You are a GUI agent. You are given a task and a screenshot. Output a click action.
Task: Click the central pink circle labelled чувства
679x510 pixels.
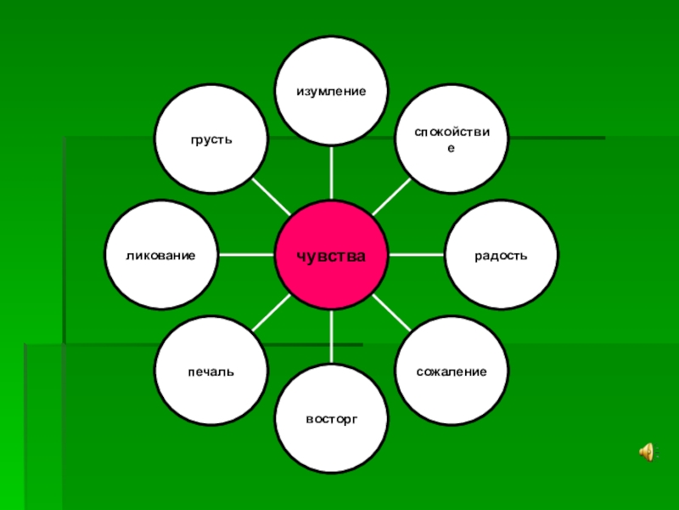tap(332, 255)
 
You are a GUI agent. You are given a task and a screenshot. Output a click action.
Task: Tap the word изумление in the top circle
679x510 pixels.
tap(332, 90)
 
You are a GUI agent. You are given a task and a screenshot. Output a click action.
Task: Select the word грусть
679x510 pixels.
tap(210, 139)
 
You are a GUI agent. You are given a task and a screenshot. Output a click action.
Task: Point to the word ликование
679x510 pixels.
tap(160, 255)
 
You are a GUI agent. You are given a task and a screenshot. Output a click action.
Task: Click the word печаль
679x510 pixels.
tap(211, 372)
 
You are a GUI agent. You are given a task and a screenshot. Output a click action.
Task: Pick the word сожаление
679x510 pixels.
tap(452, 372)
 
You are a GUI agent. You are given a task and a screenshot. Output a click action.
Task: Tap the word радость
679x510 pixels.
tap(502, 255)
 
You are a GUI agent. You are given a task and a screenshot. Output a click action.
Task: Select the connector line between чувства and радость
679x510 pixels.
tap(417, 255)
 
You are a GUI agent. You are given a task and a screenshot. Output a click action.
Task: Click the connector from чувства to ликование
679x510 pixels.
tap(246, 255)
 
